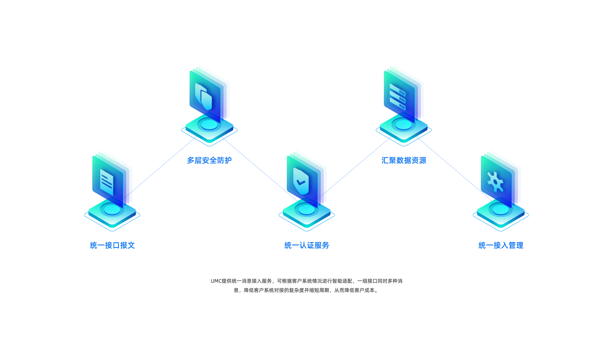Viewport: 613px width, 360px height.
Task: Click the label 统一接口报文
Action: coord(112,245)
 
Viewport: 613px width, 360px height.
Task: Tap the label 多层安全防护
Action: coord(209,160)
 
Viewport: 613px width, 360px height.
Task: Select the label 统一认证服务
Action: coord(307,245)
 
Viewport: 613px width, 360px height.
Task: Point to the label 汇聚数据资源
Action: coord(404,160)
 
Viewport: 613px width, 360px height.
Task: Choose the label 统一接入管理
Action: coord(501,245)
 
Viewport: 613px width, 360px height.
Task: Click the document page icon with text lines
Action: coord(107,182)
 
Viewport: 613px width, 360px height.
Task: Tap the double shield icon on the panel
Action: coord(204,97)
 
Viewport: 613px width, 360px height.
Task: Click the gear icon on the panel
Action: coord(495,182)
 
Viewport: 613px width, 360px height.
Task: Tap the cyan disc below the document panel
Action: coord(112,210)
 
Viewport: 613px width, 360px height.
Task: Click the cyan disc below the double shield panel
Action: coord(209,125)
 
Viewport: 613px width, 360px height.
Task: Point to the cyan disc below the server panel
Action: coord(404,125)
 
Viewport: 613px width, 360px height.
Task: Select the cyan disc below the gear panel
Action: coord(501,210)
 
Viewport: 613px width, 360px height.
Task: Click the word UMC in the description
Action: coord(216,281)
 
